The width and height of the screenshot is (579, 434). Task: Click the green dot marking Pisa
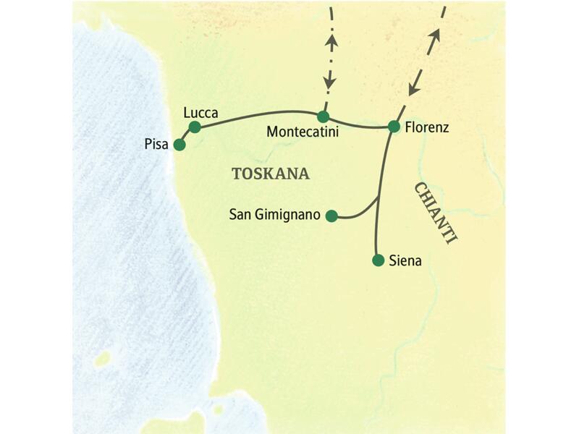tap(179, 145)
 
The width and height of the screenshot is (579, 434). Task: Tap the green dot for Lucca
tap(194, 127)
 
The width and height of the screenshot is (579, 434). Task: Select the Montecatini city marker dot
tap(323, 116)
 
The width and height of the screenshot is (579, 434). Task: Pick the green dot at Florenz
tap(394, 127)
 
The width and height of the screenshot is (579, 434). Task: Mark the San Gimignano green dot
tap(331, 215)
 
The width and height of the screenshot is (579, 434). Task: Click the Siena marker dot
tap(377, 260)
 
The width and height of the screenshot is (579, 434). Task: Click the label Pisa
tap(156, 145)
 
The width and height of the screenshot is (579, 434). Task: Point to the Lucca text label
tap(200, 112)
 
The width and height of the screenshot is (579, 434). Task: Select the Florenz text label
tap(427, 127)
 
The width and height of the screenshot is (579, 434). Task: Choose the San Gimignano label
tap(275, 215)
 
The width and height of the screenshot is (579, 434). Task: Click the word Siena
tap(405, 261)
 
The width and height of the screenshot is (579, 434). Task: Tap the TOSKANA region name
tap(270, 174)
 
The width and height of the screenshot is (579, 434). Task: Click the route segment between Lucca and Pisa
tap(186, 136)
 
